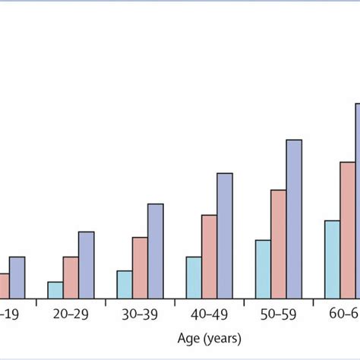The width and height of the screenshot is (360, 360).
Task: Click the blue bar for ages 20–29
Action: point(55,290)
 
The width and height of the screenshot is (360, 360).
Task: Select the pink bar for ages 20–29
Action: point(71,277)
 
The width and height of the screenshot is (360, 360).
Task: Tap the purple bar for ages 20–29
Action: point(87,265)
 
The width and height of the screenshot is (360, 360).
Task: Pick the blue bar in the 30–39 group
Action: point(124,284)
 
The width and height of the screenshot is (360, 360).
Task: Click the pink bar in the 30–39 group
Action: point(140,267)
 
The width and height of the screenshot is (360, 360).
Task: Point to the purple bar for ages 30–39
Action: point(156,251)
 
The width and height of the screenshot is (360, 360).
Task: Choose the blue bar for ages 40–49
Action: point(194,277)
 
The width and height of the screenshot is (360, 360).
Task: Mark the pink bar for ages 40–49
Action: point(209,257)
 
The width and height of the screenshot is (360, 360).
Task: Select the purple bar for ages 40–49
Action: point(225,235)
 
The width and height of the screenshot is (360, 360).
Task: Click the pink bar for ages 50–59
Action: point(279,244)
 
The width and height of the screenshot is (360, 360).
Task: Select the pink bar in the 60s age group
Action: point(348,230)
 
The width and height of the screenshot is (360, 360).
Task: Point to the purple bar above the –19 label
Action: point(17,277)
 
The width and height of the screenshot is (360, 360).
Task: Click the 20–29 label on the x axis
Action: point(71,313)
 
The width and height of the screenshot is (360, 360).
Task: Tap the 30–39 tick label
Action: point(140,313)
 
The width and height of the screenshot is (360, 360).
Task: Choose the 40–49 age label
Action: point(209,313)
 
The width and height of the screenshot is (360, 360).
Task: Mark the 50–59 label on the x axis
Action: point(279,313)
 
